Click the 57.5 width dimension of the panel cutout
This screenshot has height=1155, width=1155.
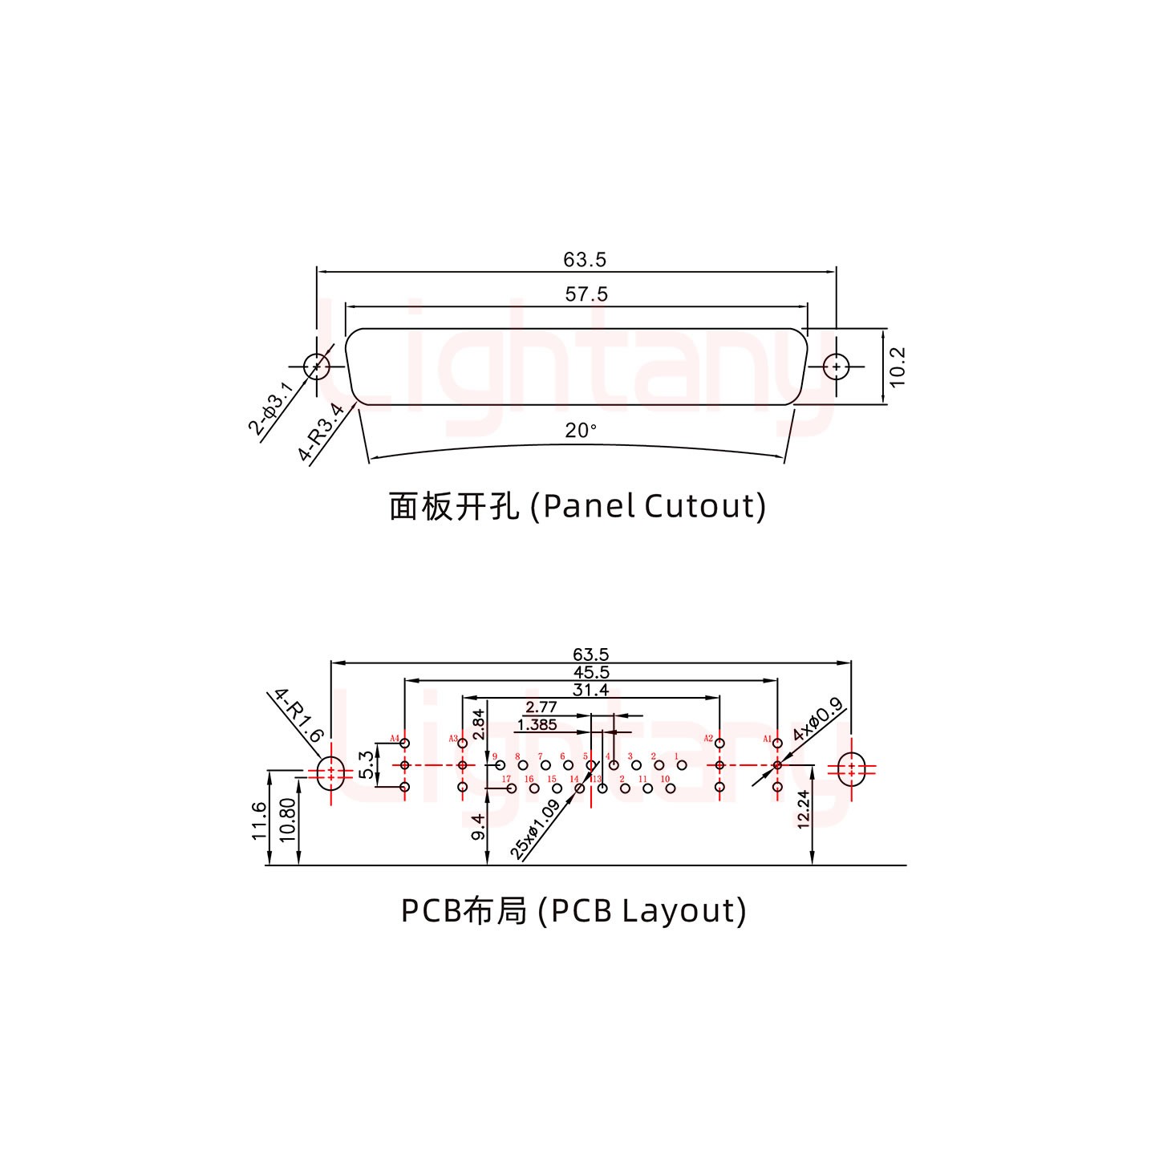(x=586, y=294)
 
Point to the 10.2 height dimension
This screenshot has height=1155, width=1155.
(x=898, y=367)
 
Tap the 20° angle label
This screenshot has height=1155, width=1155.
(x=581, y=431)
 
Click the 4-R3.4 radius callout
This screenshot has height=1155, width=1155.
(x=322, y=433)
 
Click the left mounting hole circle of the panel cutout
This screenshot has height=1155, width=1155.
(x=317, y=367)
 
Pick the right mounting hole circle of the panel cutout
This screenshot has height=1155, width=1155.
(x=837, y=367)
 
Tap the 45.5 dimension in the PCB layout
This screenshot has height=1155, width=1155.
(x=591, y=672)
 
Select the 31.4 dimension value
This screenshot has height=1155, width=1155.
(x=591, y=690)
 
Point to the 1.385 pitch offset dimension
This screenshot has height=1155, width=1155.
(x=537, y=725)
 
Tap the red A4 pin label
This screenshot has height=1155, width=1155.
(x=394, y=738)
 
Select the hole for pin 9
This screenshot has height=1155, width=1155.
(x=500, y=766)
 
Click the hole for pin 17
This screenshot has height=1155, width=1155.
(x=511, y=788)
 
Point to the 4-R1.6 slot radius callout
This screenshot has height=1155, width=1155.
(x=298, y=715)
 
